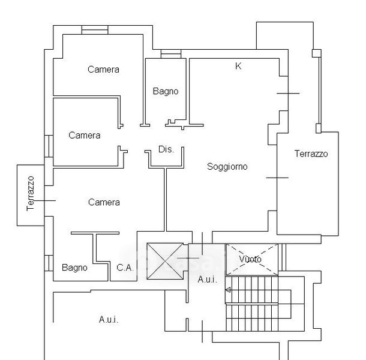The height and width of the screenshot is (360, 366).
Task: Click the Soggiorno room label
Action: (227, 167)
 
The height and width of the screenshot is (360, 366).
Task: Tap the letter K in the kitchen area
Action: (238, 66)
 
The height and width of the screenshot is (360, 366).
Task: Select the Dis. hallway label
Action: (166, 149)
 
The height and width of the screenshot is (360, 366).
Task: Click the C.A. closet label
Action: (125, 268)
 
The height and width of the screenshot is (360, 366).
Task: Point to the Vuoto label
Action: (250, 259)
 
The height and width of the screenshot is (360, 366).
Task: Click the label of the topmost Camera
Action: (103, 70)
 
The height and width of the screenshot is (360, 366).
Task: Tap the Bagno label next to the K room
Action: (166, 91)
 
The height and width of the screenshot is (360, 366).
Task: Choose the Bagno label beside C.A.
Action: (74, 268)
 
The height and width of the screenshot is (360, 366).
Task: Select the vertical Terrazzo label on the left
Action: (31, 194)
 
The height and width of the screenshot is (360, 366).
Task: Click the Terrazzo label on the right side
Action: (311, 154)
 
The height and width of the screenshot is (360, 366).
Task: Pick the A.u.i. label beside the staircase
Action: (207, 279)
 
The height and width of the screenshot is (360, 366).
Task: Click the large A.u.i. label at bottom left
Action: (109, 319)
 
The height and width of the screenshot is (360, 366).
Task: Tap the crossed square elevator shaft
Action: (165, 261)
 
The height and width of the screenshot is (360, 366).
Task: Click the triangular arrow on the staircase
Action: (228, 290)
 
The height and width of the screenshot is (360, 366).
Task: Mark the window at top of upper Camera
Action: (95, 30)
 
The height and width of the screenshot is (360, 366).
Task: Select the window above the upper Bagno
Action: (171, 54)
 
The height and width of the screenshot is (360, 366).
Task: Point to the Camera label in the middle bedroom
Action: (85, 136)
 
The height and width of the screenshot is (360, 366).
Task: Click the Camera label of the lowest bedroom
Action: (104, 202)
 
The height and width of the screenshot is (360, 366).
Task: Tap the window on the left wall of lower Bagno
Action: (49, 263)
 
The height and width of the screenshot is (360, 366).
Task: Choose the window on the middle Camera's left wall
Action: (49, 146)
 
